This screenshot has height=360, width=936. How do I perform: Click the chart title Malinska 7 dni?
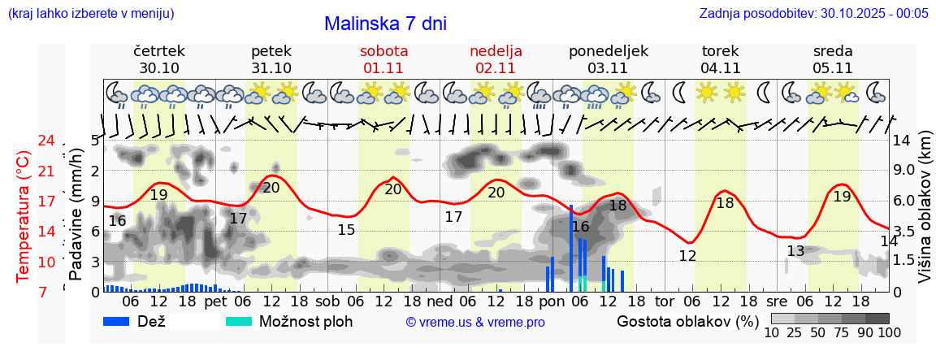(385, 24)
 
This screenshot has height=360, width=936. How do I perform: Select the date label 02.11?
(496, 68)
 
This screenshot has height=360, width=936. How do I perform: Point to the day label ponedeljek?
(608, 50)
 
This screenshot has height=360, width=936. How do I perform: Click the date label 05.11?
(832, 68)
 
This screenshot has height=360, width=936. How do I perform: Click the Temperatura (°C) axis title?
(24, 216)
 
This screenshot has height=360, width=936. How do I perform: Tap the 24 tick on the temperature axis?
(46, 141)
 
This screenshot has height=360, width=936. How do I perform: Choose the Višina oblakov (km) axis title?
(925, 216)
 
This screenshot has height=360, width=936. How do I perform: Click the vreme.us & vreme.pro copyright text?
(475, 322)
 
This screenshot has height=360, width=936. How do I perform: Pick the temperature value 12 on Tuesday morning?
(687, 256)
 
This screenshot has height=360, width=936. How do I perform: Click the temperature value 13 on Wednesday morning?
(795, 251)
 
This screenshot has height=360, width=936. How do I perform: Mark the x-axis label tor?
(665, 301)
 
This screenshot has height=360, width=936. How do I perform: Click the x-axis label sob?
(328, 301)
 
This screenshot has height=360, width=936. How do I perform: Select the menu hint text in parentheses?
(90, 13)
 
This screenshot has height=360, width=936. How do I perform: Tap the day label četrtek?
(159, 50)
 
